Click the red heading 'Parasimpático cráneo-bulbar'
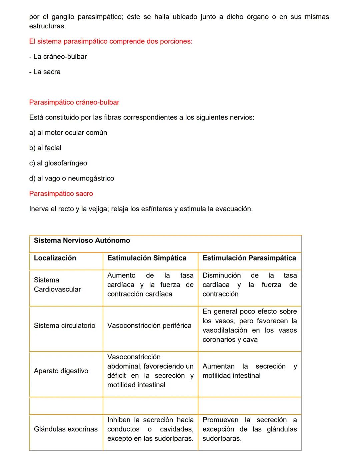[x=74, y=102]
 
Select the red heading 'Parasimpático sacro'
[x=61, y=194]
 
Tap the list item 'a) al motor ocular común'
[x=68, y=133]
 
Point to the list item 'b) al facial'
[x=45, y=148]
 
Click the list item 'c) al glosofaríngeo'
[x=58, y=163]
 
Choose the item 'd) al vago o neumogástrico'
[x=71, y=178]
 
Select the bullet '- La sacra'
[x=45, y=72]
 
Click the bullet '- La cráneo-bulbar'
[x=58, y=57]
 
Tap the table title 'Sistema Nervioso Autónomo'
[x=82, y=241]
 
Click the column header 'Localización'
[x=55, y=258]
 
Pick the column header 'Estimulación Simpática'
[x=147, y=258]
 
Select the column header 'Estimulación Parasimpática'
[x=249, y=258]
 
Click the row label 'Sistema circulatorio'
[x=65, y=326]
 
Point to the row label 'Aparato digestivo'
[x=61, y=371]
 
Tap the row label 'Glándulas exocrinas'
[x=66, y=429]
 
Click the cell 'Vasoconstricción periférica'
[x=149, y=326]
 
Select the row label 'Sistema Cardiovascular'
[x=57, y=285]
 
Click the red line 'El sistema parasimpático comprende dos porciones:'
[x=111, y=42]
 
